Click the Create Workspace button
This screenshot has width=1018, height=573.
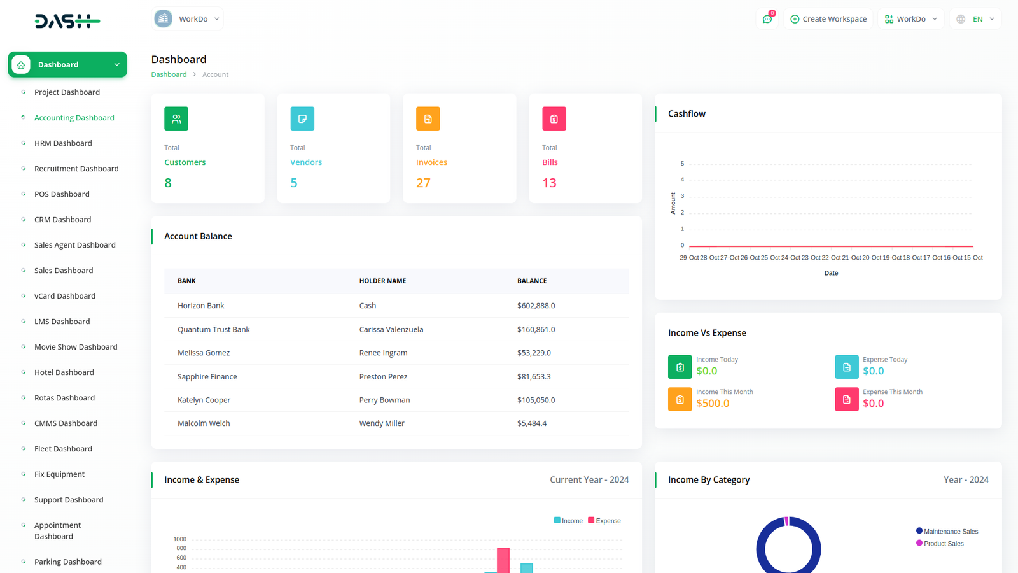pos(828,19)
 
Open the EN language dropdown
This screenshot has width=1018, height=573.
pos(976,19)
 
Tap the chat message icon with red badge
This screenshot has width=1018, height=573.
pos(767,19)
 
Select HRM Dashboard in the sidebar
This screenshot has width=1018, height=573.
pos(63,143)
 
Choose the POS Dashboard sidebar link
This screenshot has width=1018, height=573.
pos(62,194)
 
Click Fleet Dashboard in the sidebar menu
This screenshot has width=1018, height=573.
pos(63,449)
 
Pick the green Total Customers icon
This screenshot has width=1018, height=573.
pos(176,118)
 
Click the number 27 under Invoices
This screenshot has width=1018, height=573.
pos(423,183)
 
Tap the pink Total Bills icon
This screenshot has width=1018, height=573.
pos(554,118)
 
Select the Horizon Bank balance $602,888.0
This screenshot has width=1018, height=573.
pos(536,306)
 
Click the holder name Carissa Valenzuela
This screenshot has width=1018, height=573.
pos(391,329)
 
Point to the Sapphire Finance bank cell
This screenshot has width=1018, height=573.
pos(207,377)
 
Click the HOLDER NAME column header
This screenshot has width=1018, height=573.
pos(382,281)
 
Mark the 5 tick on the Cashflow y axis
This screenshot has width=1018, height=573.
pos(682,164)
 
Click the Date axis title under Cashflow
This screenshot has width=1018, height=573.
pos(831,273)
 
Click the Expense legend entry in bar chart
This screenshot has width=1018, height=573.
pos(604,521)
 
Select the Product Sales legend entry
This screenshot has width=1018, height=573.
pos(943,544)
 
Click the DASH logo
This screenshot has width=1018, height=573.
pos(67,22)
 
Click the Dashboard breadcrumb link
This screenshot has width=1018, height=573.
pos(169,74)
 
